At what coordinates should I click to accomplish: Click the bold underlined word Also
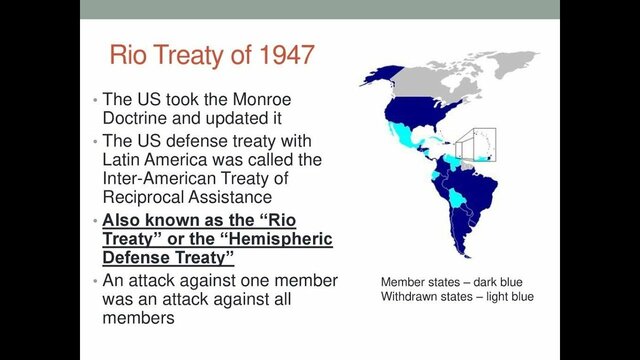(126, 218)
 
